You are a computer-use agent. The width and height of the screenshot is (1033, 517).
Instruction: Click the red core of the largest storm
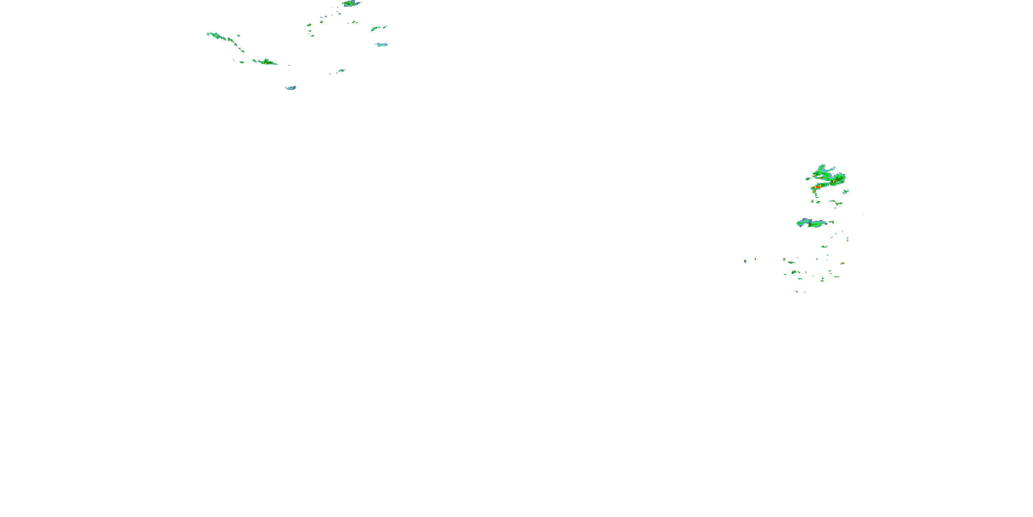(818, 187)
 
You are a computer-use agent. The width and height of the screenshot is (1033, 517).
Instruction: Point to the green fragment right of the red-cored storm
(845, 192)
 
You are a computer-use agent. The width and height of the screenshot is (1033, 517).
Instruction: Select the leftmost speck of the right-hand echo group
(745, 261)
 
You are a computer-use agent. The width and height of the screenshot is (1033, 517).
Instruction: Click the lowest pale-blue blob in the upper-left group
(291, 88)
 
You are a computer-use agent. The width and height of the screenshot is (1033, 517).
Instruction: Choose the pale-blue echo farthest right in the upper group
(382, 44)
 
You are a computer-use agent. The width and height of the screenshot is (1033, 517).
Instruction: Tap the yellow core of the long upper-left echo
(266, 62)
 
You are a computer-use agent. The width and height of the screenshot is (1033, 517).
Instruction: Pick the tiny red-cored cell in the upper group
(321, 22)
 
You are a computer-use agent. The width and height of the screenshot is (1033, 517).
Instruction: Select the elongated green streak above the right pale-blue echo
(376, 29)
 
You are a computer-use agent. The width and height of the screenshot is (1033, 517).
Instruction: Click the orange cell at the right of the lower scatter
(842, 263)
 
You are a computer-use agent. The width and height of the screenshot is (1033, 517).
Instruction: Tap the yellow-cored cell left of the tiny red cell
(309, 25)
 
